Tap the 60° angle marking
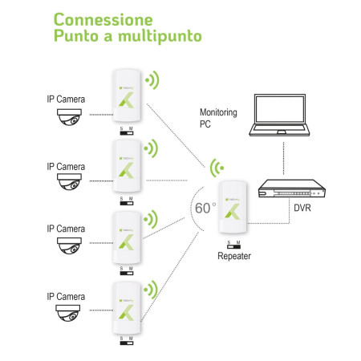pyautogui.click(x=205, y=208)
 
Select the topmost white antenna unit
pyautogui.click(x=127, y=95)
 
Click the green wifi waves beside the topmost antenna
pyautogui.click(x=153, y=79)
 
